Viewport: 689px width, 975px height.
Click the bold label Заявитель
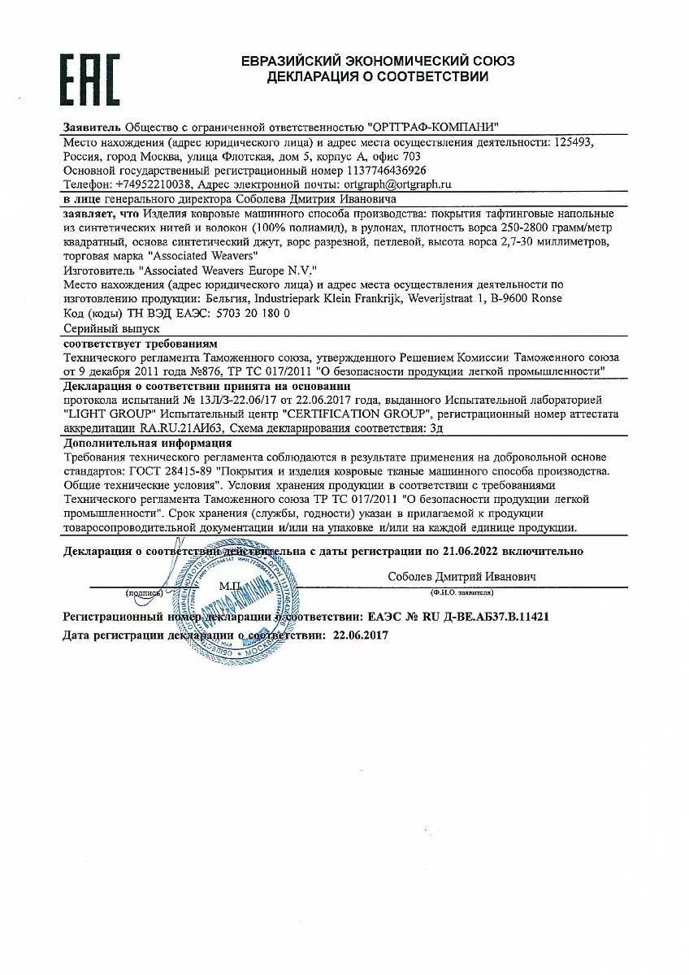[x=92, y=128]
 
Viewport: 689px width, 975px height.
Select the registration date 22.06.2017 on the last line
[x=361, y=635]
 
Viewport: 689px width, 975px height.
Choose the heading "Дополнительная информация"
[x=147, y=443]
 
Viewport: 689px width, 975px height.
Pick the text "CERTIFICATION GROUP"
[x=355, y=413]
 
